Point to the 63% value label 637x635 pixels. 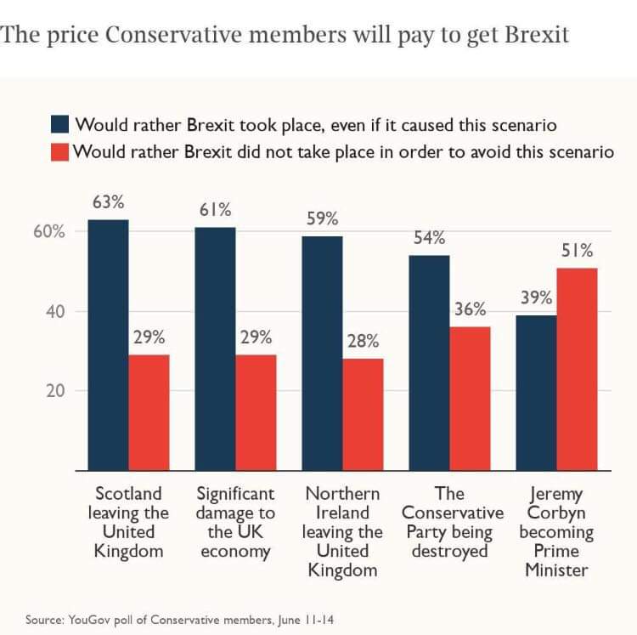pos(109,203)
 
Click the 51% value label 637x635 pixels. pos(577,251)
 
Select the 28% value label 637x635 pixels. pos(363,341)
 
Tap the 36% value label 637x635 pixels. pos(470,309)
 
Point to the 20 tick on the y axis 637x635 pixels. pos(55,392)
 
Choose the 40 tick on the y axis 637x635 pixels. pos(55,312)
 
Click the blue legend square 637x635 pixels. pos(59,126)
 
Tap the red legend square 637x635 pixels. pos(59,153)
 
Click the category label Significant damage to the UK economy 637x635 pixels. pos(235,522)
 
